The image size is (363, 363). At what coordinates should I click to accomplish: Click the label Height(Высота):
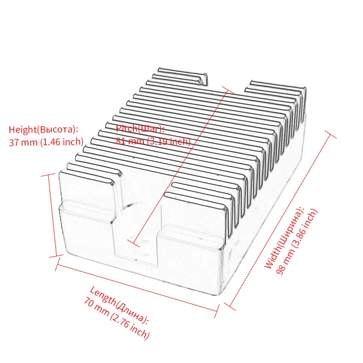point(44,129)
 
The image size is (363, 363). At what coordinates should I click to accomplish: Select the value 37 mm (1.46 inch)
point(46,142)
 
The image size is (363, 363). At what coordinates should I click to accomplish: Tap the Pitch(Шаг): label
point(140,128)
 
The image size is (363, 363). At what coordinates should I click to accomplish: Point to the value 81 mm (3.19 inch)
point(153,141)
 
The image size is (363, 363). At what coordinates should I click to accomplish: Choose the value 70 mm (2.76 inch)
point(116,318)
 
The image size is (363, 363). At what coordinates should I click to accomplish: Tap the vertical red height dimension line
point(52,213)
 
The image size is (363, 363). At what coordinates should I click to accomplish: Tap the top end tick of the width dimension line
point(329,132)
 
